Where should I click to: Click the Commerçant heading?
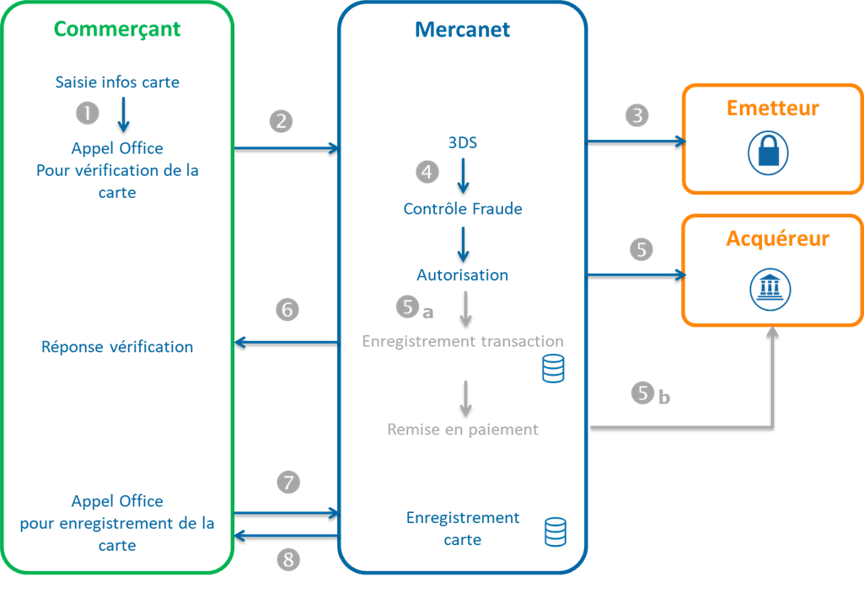coord(117,29)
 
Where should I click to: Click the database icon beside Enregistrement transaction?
coord(553,369)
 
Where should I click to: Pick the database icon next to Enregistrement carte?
coord(555,531)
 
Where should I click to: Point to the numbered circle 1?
coord(87,113)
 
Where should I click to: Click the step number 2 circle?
coord(281,121)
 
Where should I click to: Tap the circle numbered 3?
coord(637,115)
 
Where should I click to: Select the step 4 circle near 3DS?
coord(428,171)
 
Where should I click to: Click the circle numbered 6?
coord(287,310)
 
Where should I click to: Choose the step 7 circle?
coord(288,483)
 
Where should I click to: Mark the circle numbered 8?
coord(288,559)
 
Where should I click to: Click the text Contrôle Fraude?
coord(463,209)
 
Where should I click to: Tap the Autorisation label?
coord(463,275)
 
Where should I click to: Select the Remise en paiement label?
coord(463,430)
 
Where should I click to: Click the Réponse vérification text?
coord(117,347)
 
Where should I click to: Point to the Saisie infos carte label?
coord(117,83)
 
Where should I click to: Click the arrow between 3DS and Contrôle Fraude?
coord(463,176)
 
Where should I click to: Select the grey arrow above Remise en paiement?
coord(464,395)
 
